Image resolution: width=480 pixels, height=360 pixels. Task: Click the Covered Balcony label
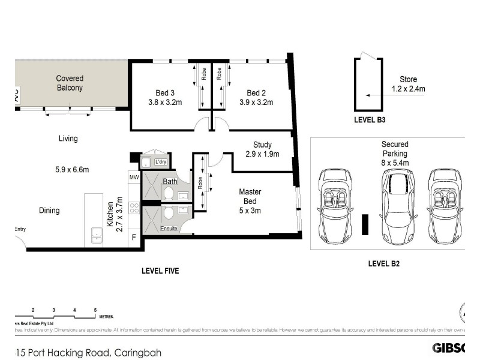tap(70, 83)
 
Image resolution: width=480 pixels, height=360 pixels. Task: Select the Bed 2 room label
tap(256, 93)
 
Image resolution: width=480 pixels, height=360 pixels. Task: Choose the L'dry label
tap(160, 163)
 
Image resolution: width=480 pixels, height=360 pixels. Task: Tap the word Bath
tap(170, 181)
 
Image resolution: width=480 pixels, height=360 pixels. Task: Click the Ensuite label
tap(169, 229)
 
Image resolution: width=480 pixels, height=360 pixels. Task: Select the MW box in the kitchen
tap(134, 178)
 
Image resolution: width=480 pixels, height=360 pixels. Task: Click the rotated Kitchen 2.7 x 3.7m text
tap(115, 214)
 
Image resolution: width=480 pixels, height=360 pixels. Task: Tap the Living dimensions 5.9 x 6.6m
tap(71, 170)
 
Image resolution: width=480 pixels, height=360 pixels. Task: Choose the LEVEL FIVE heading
tap(160, 271)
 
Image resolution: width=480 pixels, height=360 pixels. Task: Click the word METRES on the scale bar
tap(106, 316)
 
